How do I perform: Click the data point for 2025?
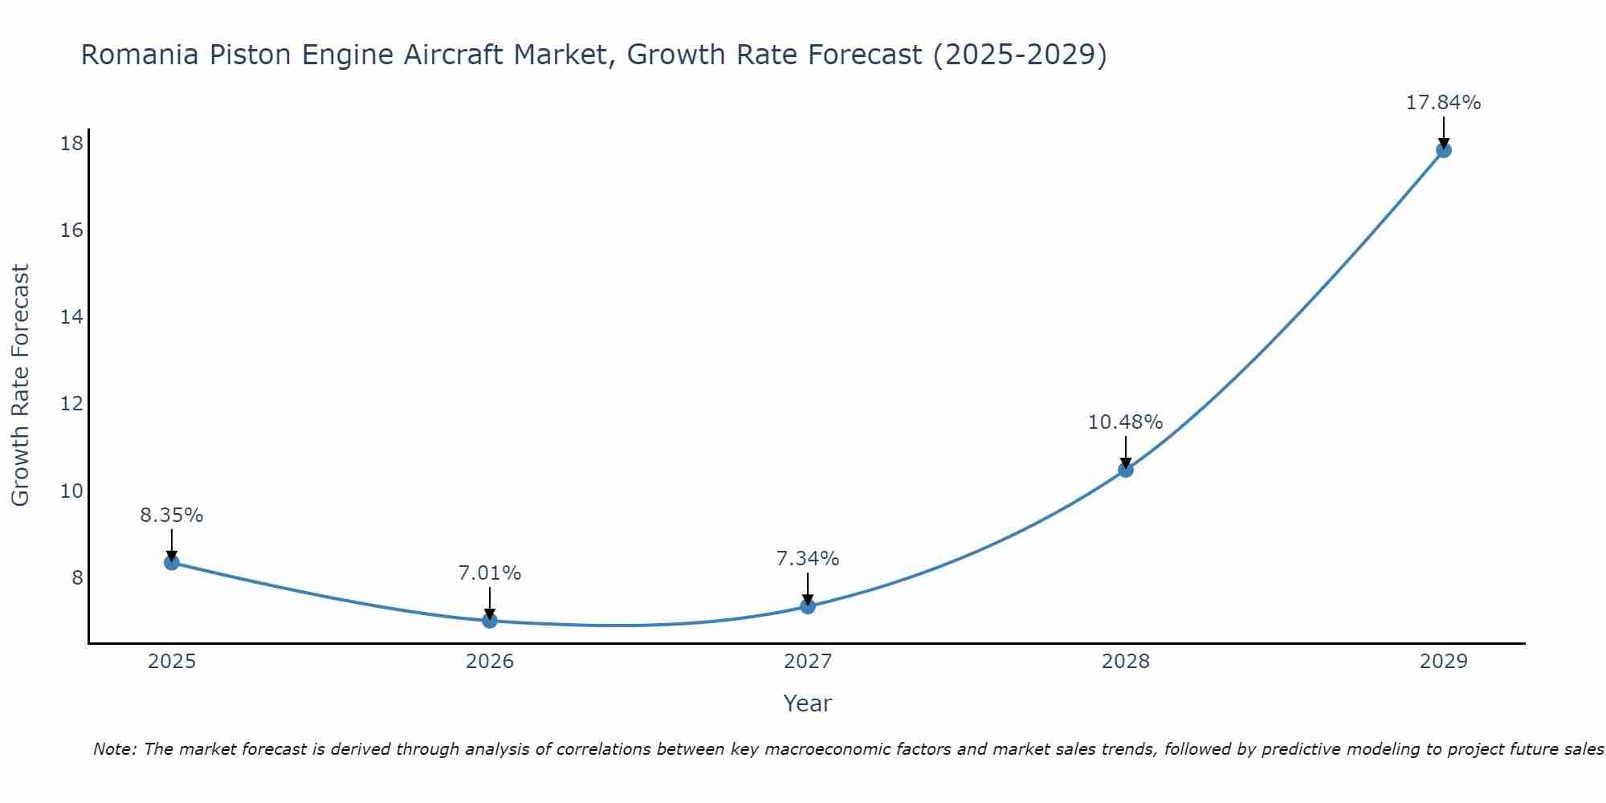click(171, 562)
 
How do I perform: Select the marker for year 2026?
click(490, 620)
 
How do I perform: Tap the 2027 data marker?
click(808, 606)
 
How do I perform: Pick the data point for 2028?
click(1126, 470)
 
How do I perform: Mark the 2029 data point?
click(1443, 150)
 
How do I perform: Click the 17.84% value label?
click(1443, 103)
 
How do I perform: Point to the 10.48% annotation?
click(1125, 422)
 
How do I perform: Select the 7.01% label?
click(490, 573)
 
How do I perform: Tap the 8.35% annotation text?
click(172, 516)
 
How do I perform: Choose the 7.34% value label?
click(808, 559)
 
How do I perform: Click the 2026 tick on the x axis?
click(490, 662)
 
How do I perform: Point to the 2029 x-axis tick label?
click(1443, 662)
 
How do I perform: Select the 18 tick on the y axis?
click(71, 144)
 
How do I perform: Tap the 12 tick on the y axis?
click(71, 404)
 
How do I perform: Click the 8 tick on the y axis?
click(77, 578)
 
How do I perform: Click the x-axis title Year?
click(807, 703)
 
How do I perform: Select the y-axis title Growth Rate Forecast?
click(21, 385)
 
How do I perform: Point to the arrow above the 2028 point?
click(1126, 451)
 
